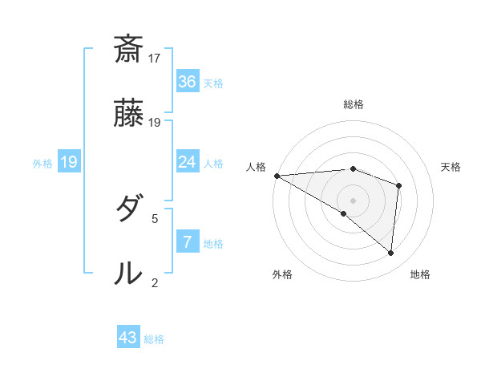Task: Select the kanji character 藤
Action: [129, 115]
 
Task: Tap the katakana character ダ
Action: [129, 209]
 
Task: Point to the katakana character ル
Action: [129, 274]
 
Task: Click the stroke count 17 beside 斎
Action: [156, 58]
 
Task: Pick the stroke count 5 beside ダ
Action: [155, 217]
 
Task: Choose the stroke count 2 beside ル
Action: [155, 282]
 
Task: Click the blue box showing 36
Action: [187, 82]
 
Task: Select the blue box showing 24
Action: [187, 162]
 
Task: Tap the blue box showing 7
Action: [187, 241]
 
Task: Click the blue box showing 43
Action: [128, 338]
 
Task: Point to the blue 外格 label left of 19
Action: [42, 164]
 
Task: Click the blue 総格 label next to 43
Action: [154, 339]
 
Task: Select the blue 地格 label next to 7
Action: [213, 244]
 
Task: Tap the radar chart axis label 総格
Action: [354, 104]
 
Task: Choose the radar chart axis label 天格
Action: [451, 167]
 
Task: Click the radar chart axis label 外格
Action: [282, 274]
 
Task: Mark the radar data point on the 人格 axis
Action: [277, 175]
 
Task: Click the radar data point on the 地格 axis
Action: [391, 253]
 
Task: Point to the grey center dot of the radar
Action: [353, 199]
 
